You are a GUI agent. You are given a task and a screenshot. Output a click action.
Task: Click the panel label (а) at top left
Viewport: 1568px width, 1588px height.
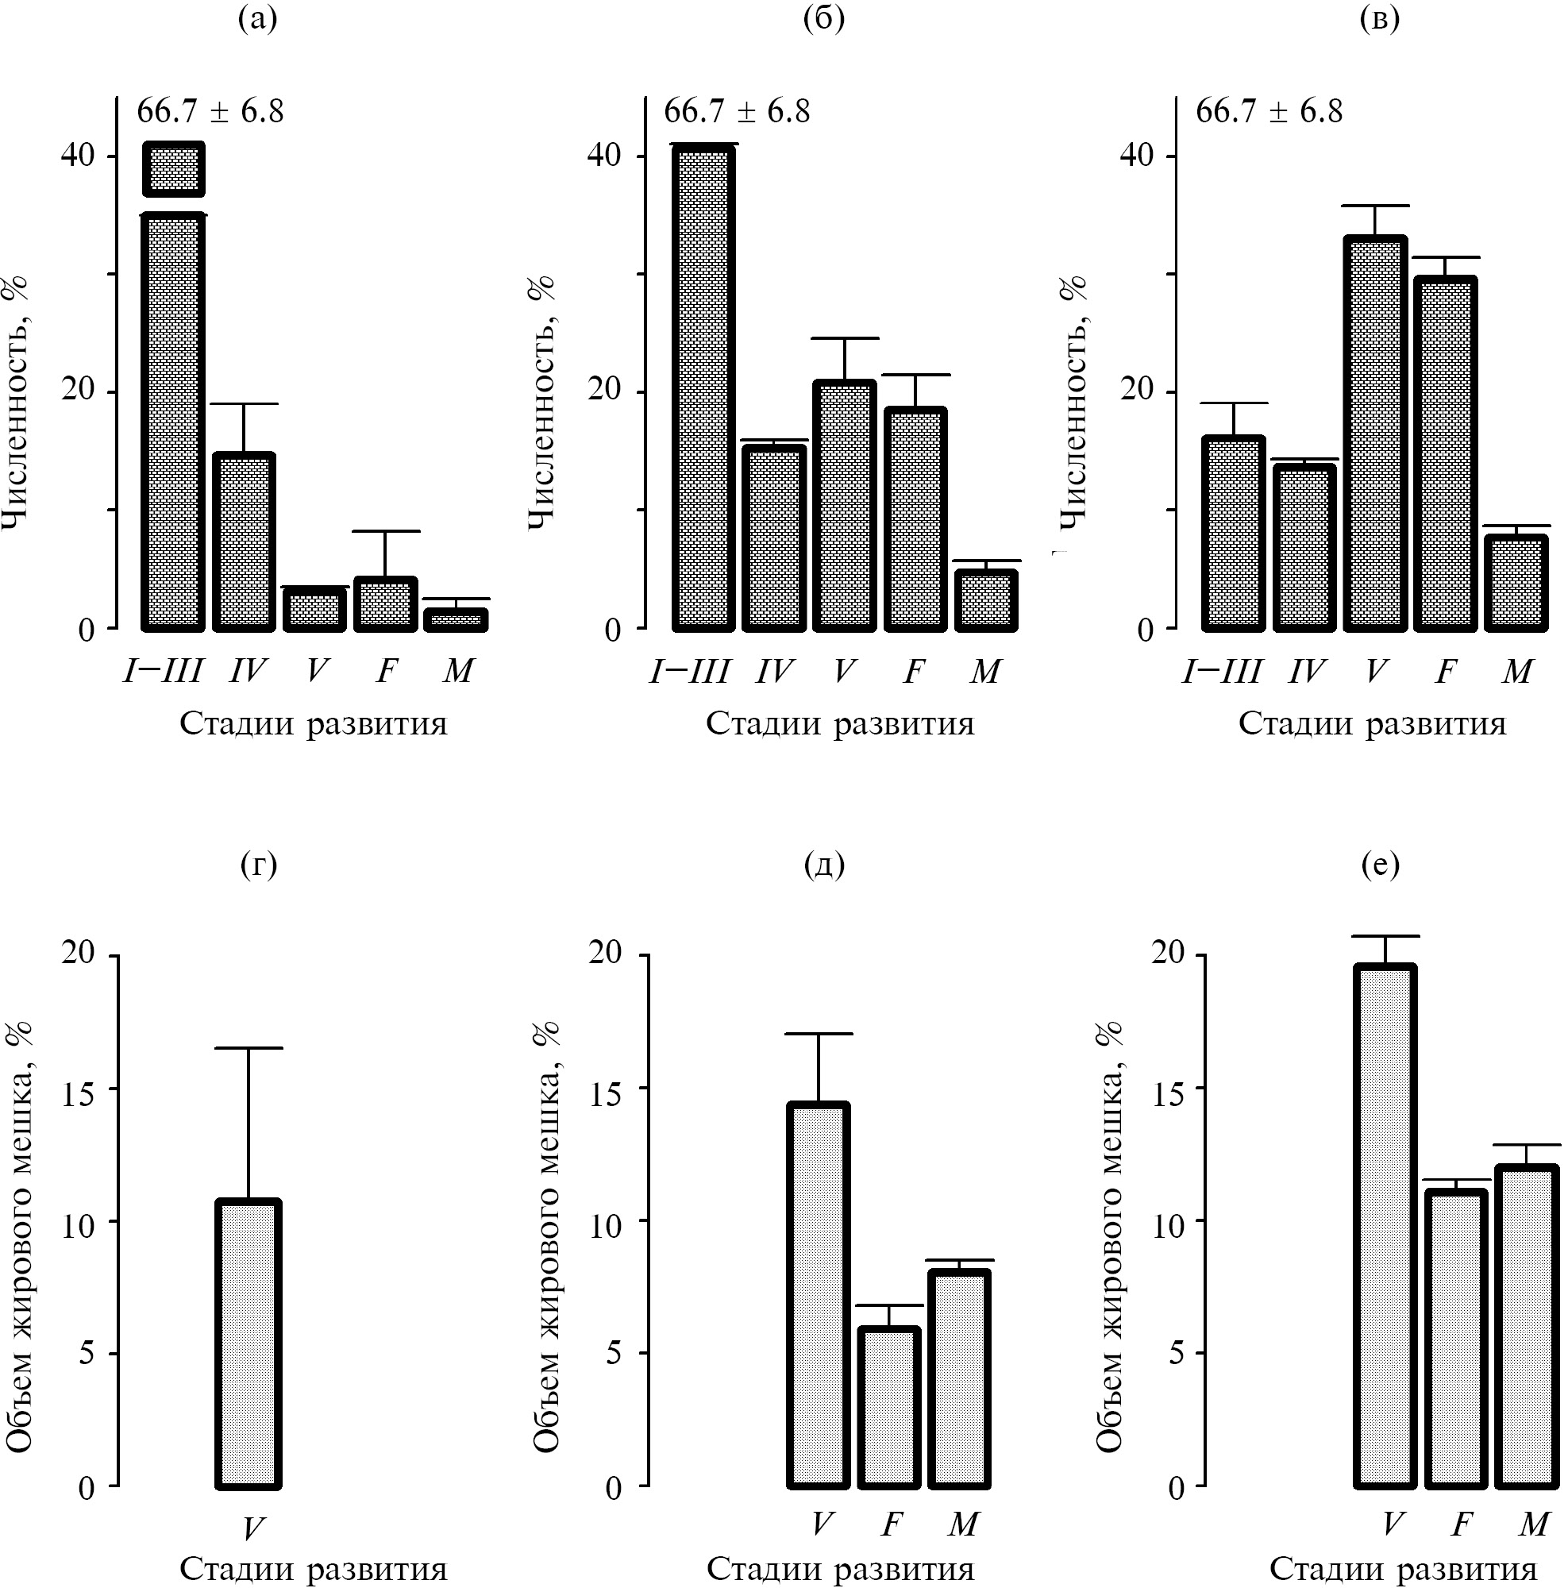257,18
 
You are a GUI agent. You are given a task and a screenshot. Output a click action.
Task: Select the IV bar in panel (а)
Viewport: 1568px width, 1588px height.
244,542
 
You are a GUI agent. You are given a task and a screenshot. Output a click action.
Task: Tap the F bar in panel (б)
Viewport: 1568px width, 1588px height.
915,519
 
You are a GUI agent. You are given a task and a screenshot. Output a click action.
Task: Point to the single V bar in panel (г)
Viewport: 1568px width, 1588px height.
248,1344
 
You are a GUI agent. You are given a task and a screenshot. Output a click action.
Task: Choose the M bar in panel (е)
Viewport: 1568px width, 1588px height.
1526,1327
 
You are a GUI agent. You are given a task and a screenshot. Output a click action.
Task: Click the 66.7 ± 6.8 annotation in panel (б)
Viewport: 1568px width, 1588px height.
737,111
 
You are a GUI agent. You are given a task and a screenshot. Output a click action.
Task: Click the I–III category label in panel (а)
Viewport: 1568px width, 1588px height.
163,672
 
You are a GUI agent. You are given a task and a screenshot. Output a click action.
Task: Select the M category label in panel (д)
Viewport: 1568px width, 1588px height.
963,1524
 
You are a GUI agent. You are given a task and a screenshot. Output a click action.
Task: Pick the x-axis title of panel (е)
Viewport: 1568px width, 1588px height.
1402,1569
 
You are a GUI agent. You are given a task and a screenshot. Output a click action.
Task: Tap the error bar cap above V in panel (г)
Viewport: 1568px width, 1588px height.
248,1048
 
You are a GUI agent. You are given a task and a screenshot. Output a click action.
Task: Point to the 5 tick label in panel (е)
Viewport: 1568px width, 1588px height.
1177,1353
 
